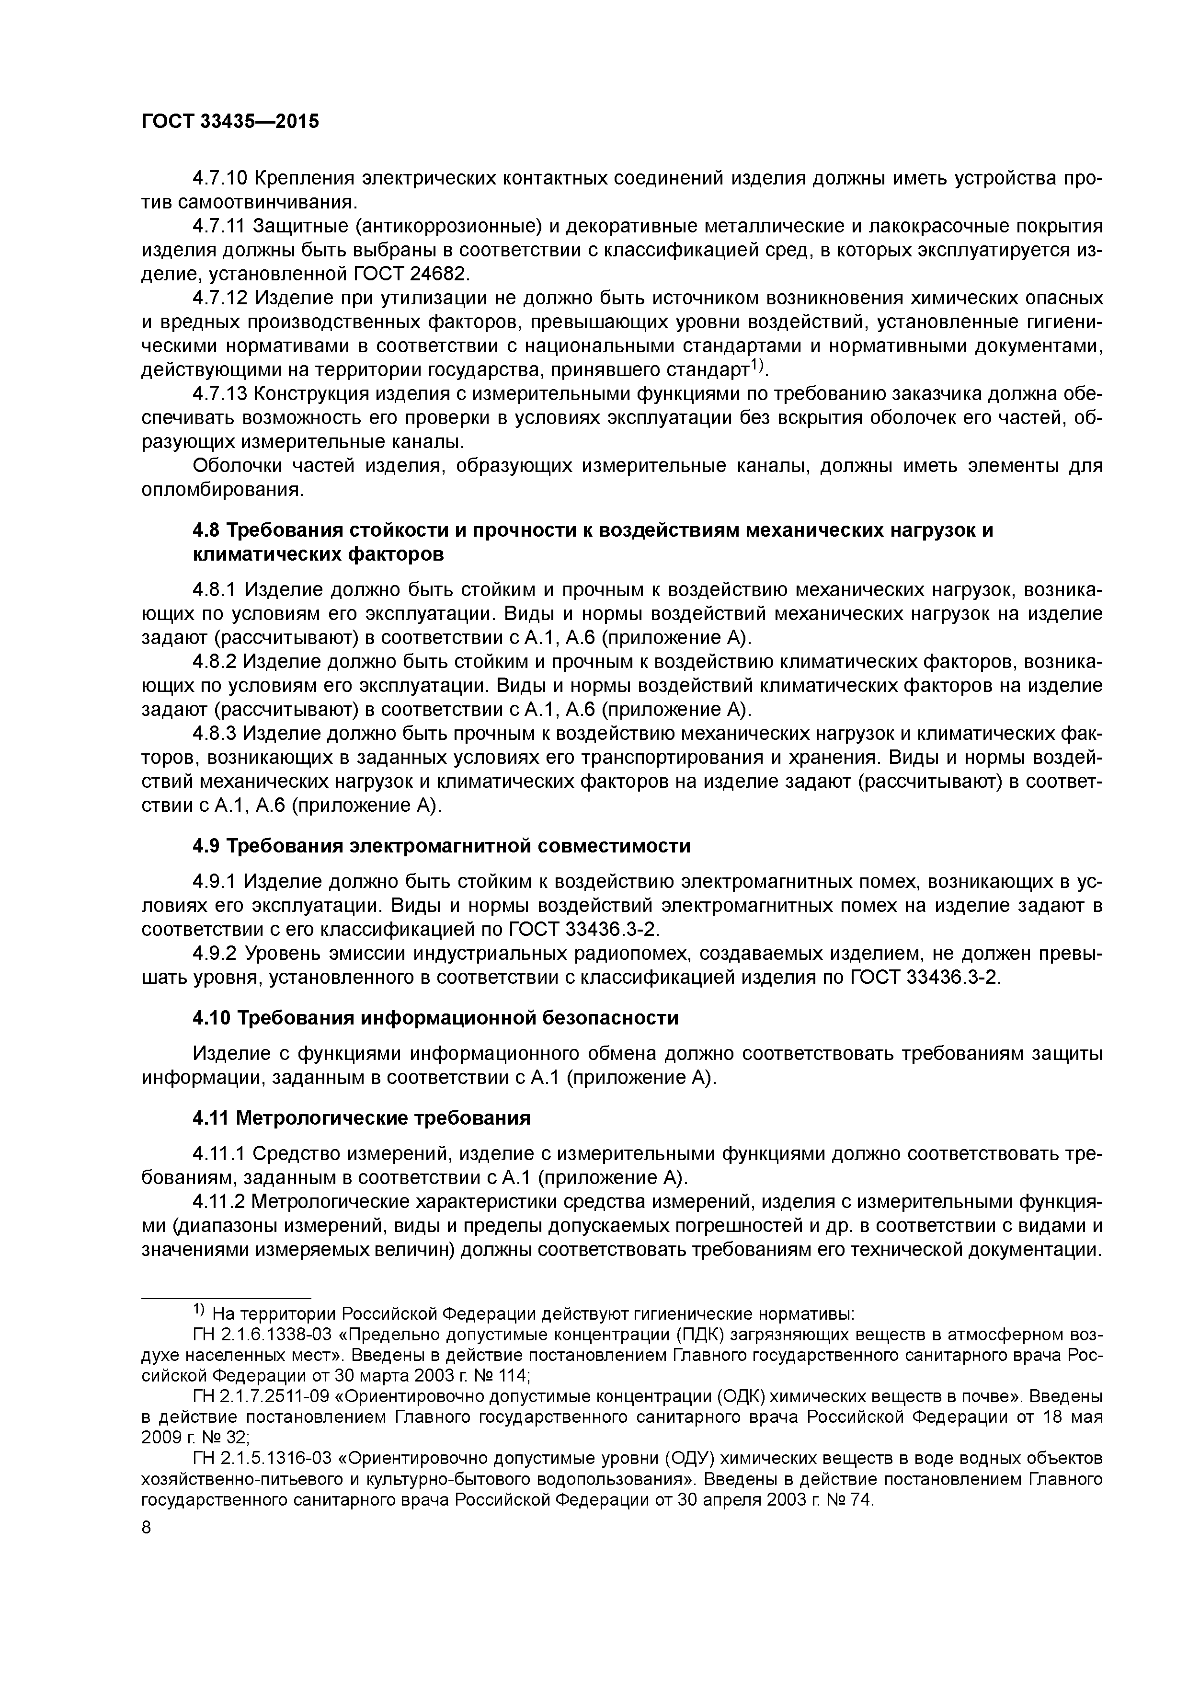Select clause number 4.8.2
(x=217, y=661)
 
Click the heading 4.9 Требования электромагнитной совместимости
(x=441, y=846)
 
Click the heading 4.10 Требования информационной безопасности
(x=435, y=1018)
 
